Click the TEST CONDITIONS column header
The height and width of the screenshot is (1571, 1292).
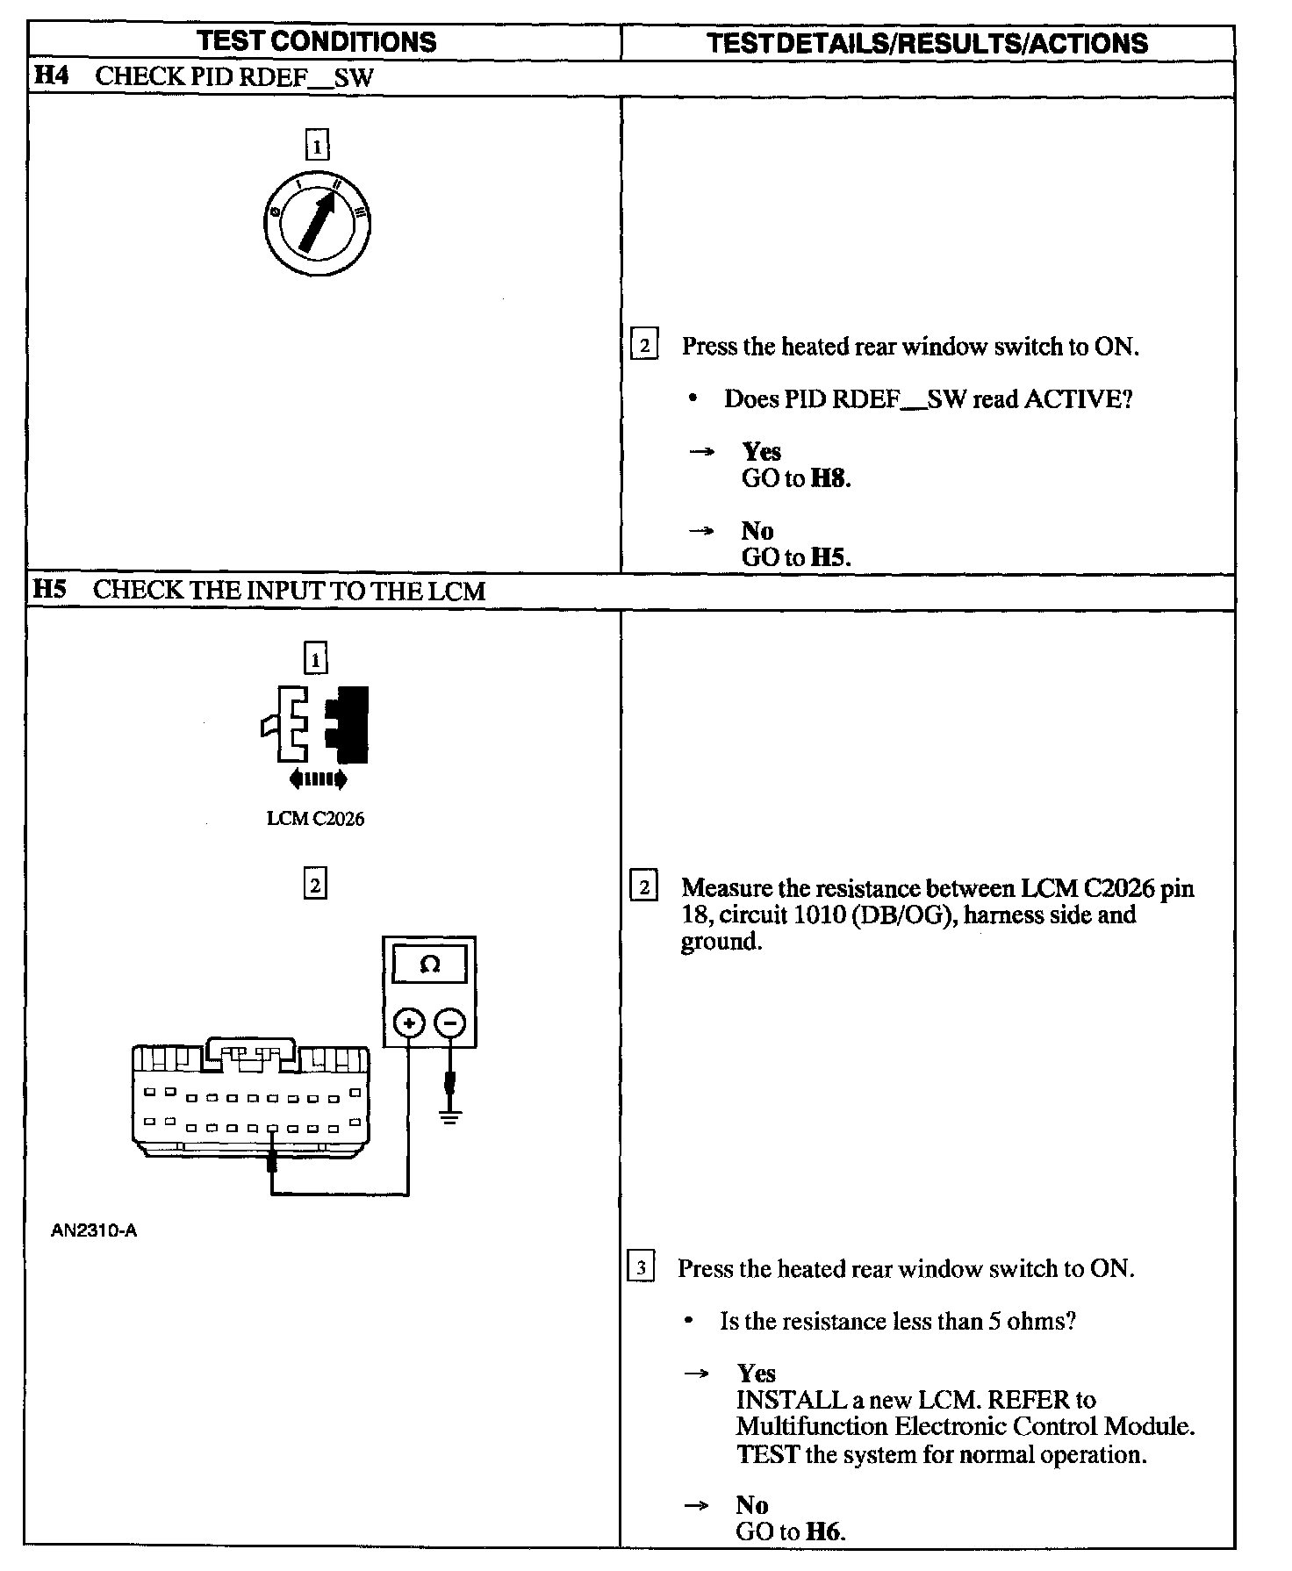pyautogui.click(x=316, y=41)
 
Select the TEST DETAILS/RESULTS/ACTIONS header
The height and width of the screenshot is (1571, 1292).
pyautogui.click(x=927, y=43)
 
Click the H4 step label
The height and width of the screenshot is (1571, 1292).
pyautogui.click(x=51, y=75)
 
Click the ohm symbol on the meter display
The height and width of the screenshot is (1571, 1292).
pyautogui.click(x=429, y=965)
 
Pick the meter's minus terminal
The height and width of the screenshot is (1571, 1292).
pyautogui.click(x=451, y=1022)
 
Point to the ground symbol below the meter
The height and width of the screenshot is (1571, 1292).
pyautogui.click(x=450, y=1117)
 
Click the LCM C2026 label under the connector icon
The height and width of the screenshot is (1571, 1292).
pyautogui.click(x=315, y=819)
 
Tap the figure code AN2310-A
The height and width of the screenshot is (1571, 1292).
pyautogui.click(x=94, y=1230)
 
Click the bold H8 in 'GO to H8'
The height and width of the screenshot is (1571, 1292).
pyautogui.click(x=829, y=478)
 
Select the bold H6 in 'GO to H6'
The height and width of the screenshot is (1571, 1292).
pyautogui.click(x=824, y=1532)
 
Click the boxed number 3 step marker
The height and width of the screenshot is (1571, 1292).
pyautogui.click(x=642, y=1268)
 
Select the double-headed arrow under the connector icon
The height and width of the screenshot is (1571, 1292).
pyautogui.click(x=317, y=778)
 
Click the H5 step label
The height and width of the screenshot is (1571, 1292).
pyautogui.click(x=49, y=590)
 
